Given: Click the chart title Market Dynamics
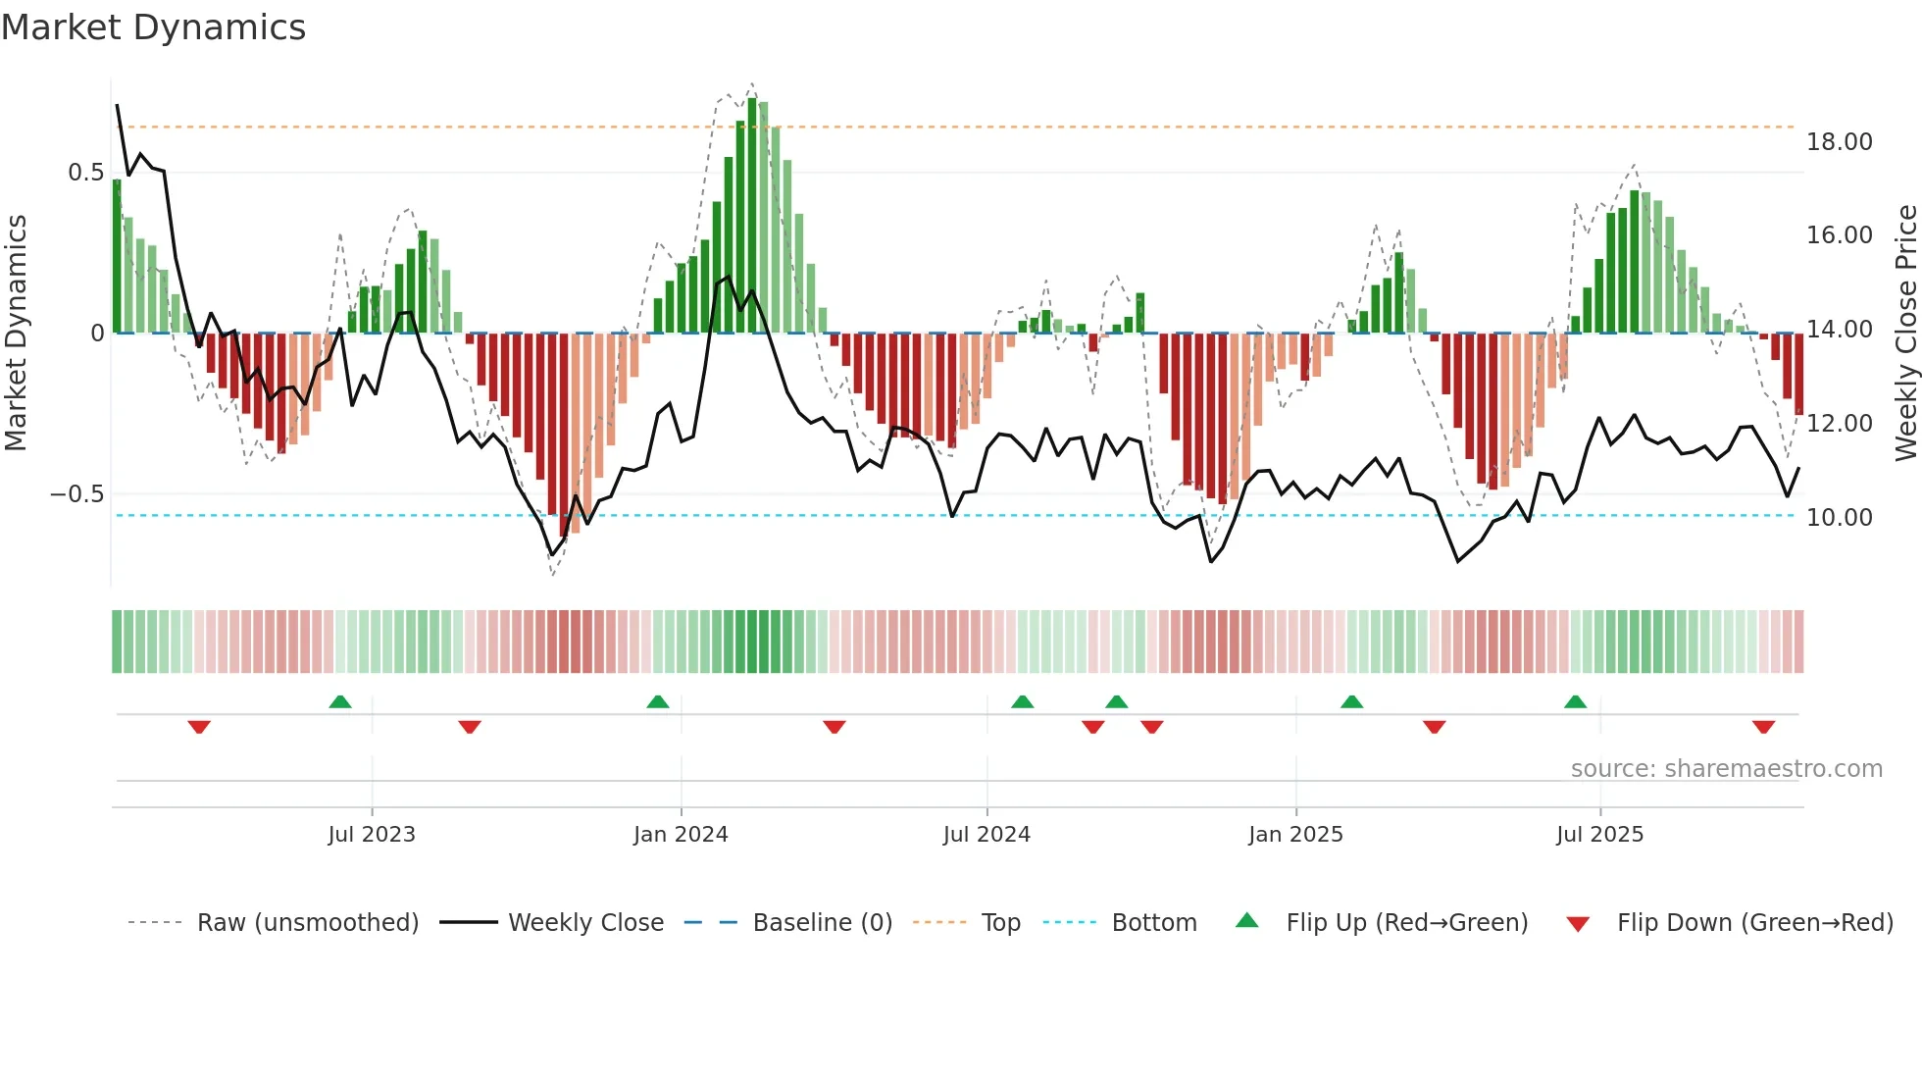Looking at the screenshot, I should point(153,27).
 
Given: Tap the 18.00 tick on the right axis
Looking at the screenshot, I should point(1839,142).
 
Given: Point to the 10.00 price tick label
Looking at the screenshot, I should point(1839,518).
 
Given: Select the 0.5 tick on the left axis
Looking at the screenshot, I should point(86,173).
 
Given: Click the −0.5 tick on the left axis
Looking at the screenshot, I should point(77,494).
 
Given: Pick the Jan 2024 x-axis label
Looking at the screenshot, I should point(681,835).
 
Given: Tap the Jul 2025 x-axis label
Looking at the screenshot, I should point(1599,835).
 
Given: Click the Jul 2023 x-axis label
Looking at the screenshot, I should point(372,835).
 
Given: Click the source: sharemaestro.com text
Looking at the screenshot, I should point(1726,769).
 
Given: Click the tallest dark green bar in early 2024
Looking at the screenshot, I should point(752,216).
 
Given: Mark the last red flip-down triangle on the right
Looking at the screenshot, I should point(1763,727).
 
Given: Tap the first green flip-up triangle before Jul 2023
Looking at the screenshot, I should point(340,701).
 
